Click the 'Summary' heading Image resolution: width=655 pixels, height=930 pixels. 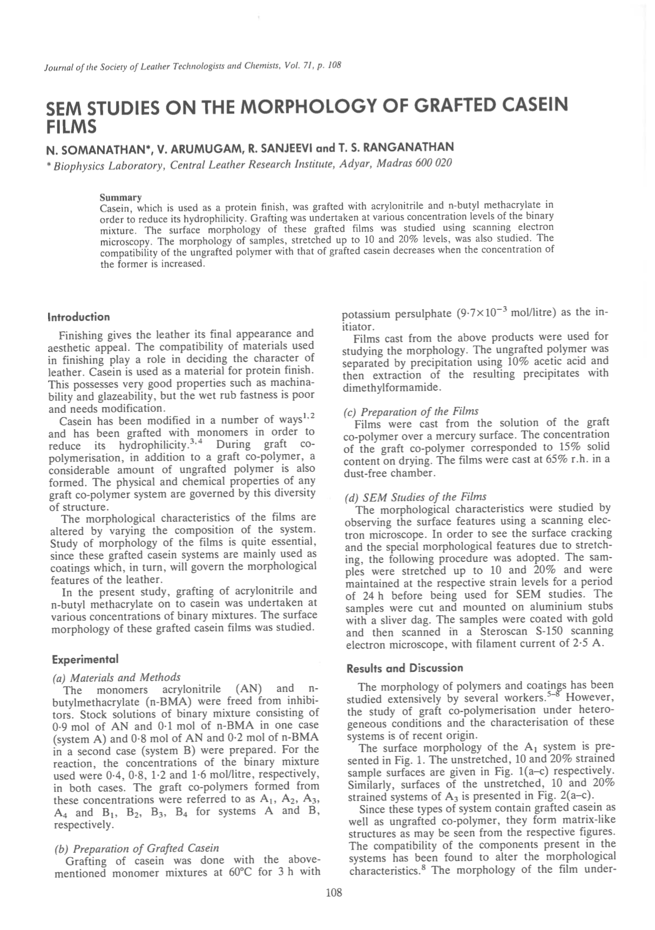click(121, 198)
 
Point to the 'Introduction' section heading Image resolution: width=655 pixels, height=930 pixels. click(79, 317)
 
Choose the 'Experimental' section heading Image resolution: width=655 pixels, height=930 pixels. click(85, 659)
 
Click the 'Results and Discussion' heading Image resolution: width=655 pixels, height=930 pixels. click(404, 668)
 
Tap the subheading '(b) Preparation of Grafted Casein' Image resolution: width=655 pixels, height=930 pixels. click(137, 848)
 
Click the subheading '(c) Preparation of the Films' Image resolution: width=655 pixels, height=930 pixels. click(411, 411)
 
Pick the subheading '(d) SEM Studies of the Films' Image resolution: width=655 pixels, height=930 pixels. click(415, 497)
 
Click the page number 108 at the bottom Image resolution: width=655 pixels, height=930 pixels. click(334, 893)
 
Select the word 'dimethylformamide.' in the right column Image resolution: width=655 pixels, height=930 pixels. click(393, 388)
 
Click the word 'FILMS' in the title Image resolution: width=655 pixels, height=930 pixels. click(71, 127)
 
